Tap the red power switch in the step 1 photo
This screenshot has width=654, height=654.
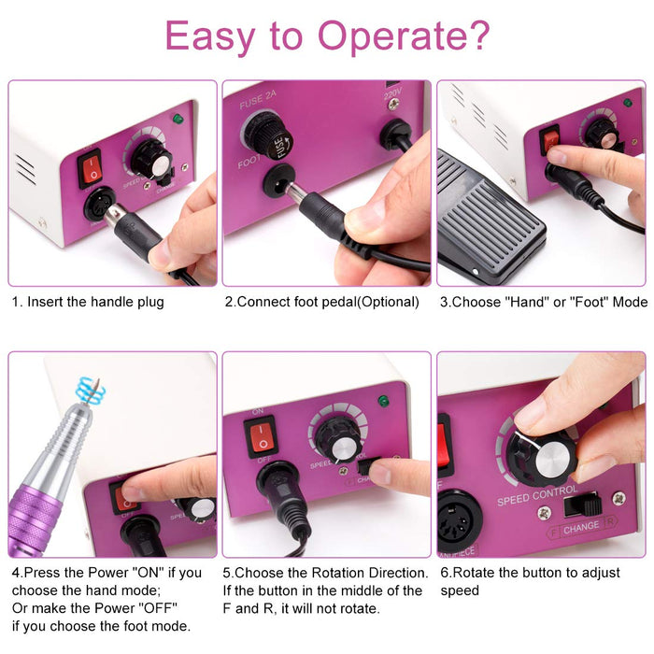coord(92,168)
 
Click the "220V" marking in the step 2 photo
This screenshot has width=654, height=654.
coord(392,94)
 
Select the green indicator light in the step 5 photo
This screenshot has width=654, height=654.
coord(382,401)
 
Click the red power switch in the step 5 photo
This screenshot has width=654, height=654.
coord(263,435)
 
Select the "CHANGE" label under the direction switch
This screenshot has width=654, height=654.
coord(581,526)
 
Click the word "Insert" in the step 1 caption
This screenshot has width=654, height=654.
coord(45,302)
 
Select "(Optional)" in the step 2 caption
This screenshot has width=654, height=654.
coord(377,302)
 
